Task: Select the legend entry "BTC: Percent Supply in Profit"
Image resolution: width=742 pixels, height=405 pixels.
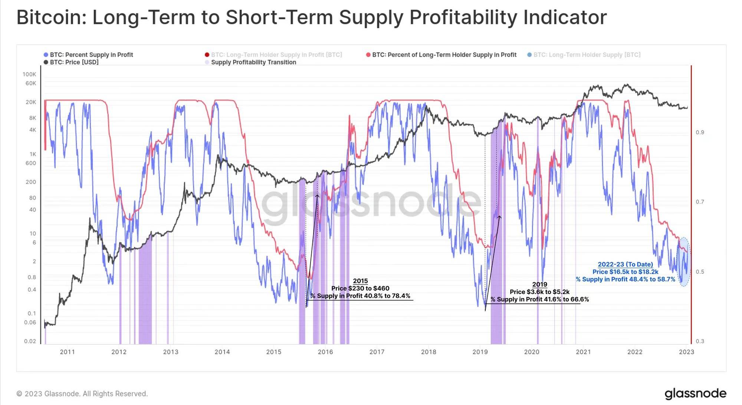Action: pos(91,55)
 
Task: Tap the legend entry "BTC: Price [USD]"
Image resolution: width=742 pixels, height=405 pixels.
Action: pos(74,62)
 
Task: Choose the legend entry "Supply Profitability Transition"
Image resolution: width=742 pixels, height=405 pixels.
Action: pos(253,62)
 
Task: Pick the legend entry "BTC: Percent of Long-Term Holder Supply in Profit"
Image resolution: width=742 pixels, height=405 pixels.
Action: pos(444,55)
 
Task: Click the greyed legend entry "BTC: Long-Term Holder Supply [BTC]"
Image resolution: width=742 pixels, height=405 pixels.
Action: pos(587,55)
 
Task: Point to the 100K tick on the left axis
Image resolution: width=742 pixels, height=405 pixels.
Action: pos(29,74)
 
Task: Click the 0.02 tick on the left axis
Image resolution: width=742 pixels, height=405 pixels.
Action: pos(30,341)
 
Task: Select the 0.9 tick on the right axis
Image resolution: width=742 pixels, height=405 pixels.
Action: pos(700,132)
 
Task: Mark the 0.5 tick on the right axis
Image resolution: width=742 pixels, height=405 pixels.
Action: pos(700,272)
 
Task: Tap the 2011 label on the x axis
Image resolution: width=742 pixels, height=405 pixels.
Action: pos(67,352)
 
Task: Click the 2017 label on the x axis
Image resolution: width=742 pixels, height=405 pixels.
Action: pos(377,352)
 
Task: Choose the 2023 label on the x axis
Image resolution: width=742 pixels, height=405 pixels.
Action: pos(686,352)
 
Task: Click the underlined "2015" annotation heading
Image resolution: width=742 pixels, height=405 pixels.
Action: pos(360,281)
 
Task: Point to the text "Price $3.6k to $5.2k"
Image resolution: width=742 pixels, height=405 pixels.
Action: pos(539,292)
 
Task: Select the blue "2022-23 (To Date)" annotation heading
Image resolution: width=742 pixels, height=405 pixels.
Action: pos(625,264)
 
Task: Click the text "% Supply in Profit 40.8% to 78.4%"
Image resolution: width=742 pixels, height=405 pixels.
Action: pos(360,296)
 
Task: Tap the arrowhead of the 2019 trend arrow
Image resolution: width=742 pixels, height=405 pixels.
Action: pos(500,217)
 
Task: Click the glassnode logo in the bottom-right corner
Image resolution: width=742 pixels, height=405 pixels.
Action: pos(695,394)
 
